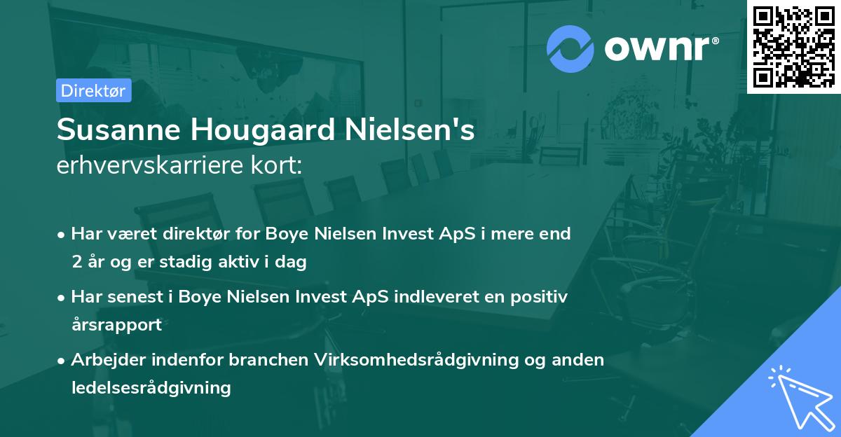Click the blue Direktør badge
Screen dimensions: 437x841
(94, 90)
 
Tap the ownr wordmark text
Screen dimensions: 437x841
(662, 49)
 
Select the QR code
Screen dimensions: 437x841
(793, 46)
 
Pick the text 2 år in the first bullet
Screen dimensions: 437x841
(88, 263)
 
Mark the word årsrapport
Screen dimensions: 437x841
(116, 325)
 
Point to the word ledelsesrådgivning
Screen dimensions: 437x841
(151, 387)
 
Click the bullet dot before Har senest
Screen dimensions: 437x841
(62, 298)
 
